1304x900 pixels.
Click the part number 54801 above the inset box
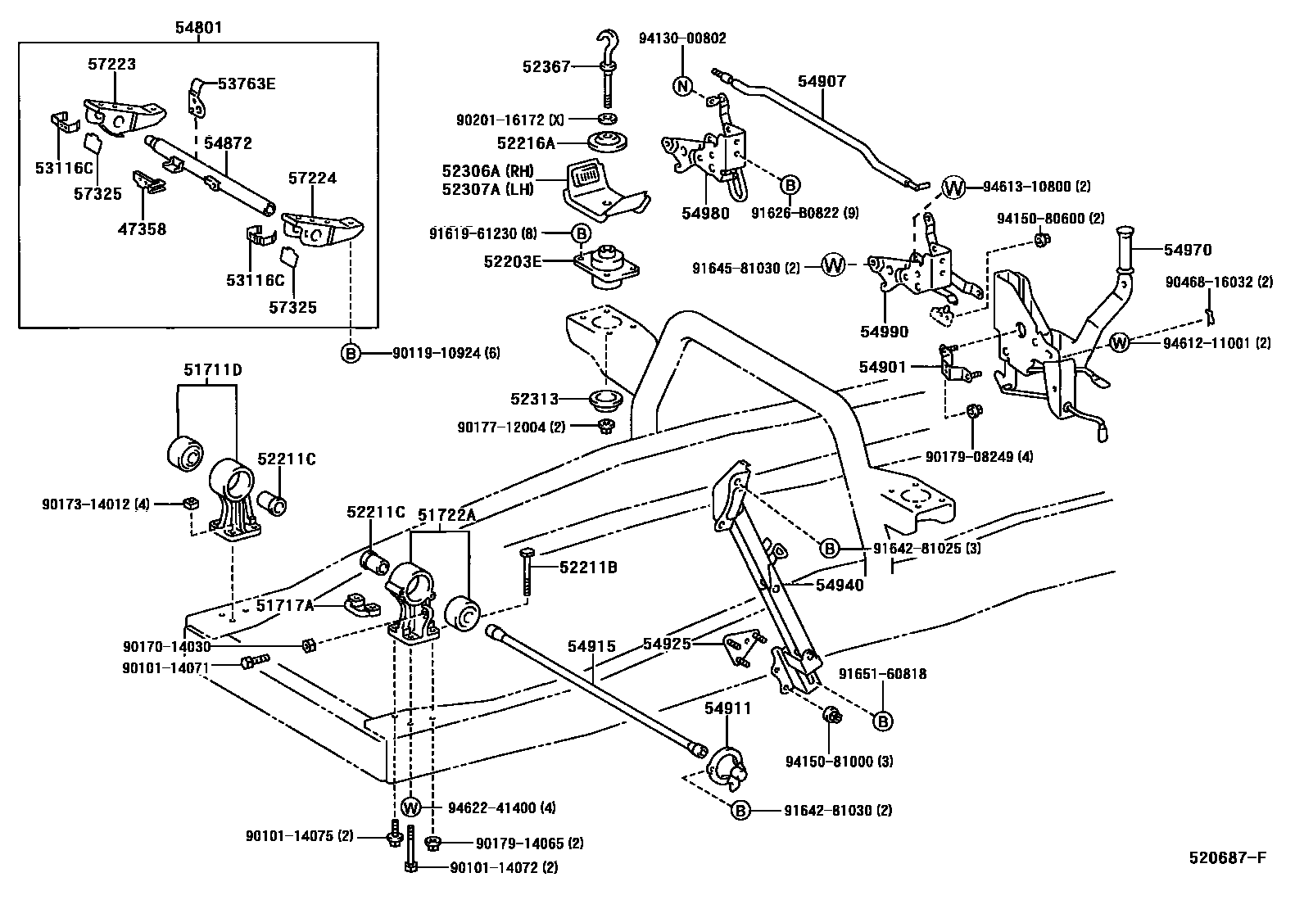pyautogui.click(x=198, y=28)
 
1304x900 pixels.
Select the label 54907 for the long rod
pyautogui.click(x=822, y=81)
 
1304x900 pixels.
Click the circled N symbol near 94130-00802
pyautogui.click(x=682, y=85)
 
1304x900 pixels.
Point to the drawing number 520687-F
pyautogui.click(x=1227, y=858)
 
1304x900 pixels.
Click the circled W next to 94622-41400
pyautogui.click(x=411, y=807)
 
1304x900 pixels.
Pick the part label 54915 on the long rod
pyautogui.click(x=591, y=646)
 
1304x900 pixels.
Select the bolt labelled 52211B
pyautogui.click(x=525, y=573)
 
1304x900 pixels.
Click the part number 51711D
pyautogui.click(x=212, y=370)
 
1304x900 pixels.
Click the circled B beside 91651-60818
pyautogui.click(x=882, y=721)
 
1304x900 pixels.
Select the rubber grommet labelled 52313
pyautogui.click(x=607, y=401)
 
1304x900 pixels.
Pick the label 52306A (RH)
pyautogui.click(x=487, y=170)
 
